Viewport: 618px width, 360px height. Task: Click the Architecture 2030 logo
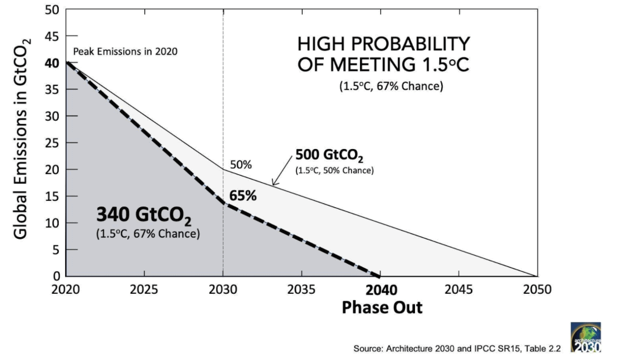(x=586, y=338)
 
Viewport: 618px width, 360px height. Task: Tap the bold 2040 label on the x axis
(x=382, y=290)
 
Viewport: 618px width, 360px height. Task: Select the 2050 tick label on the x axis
(x=536, y=290)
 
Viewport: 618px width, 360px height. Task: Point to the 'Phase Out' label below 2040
(x=382, y=308)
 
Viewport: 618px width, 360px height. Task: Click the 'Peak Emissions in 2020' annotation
(x=124, y=52)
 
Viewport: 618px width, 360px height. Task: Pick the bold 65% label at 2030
(x=243, y=195)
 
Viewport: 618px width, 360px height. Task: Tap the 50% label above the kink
(x=241, y=165)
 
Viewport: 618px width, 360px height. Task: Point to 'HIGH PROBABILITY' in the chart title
(x=384, y=44)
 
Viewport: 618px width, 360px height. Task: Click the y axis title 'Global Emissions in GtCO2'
(x=22, y=139)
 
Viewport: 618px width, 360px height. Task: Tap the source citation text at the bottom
(x=457, y=349)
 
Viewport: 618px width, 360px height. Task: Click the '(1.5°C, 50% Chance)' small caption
(x=334, y=171)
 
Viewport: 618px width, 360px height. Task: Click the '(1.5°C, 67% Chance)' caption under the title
(x=391, y=86)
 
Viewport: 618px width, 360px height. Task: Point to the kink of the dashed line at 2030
(x=223, y=204)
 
